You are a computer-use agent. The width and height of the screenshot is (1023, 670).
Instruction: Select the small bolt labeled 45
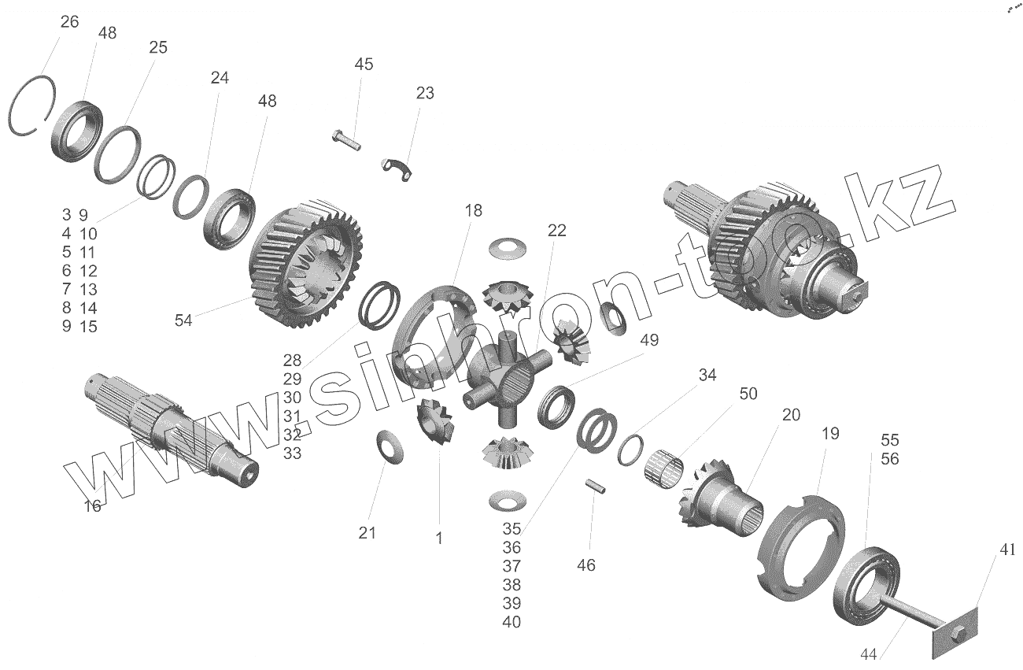(345, 140)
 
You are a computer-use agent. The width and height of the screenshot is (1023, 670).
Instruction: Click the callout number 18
(473, 211)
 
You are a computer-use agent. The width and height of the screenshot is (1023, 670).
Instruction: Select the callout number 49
(649, 340)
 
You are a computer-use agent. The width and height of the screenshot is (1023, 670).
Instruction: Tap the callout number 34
(707, 376)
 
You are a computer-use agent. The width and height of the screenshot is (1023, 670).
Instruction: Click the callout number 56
(889, 458)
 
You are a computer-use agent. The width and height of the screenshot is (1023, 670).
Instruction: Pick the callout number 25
(158, 47)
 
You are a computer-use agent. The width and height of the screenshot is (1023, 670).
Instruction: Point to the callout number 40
(511, 622)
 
